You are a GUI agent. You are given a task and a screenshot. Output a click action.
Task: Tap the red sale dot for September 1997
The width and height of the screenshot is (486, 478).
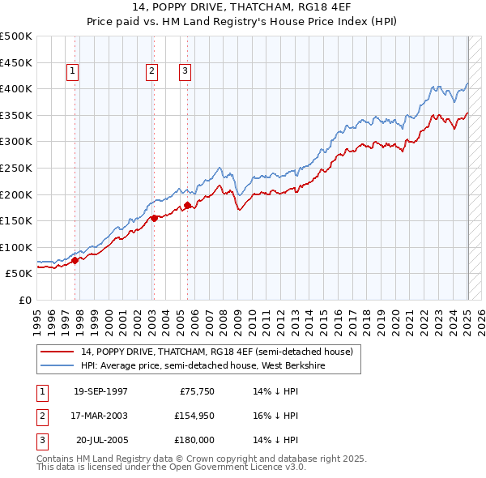click(x=75, y=260)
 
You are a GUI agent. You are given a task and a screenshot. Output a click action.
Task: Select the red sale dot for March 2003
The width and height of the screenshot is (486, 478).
click(x=153, y=217)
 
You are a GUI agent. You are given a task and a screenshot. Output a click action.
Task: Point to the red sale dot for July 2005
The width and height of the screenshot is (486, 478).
click(x=187, y=205)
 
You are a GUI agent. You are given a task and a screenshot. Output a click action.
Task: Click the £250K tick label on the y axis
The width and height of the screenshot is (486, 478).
click(x=16, y=168)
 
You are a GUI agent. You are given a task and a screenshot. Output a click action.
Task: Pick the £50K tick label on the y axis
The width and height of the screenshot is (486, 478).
click(x=19, y=274)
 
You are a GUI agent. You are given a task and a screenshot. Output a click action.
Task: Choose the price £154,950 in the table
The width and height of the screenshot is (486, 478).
click(x=192, y=416)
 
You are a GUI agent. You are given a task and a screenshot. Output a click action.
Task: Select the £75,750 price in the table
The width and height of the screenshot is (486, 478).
click(x=194, y=391)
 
